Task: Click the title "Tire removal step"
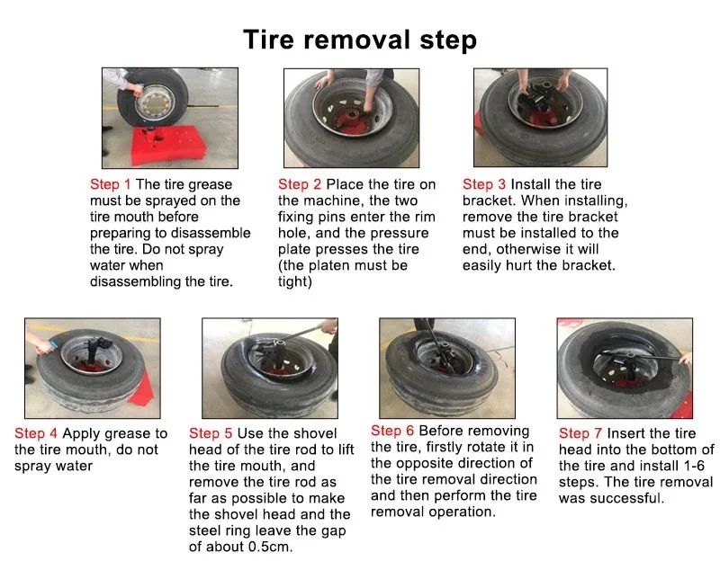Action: [x=360, y=40]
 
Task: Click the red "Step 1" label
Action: [x=110, y=184]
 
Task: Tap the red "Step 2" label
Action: [x=300, y=184]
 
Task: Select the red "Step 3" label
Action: [x=484, y=184]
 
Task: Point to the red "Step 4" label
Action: [x=36, y=433]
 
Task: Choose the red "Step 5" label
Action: [x=211, y=433]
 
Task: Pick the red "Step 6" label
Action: [x=392, y=431]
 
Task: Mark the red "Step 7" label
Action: [x=580, y=433]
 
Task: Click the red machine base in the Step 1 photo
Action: [x=167, y=145]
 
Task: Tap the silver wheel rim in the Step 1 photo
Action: [x=156, y=102]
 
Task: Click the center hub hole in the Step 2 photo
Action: [x=353, y=114]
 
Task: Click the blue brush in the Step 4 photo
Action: [x=54, y=344]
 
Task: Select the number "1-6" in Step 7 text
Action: [x=694, y=466]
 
